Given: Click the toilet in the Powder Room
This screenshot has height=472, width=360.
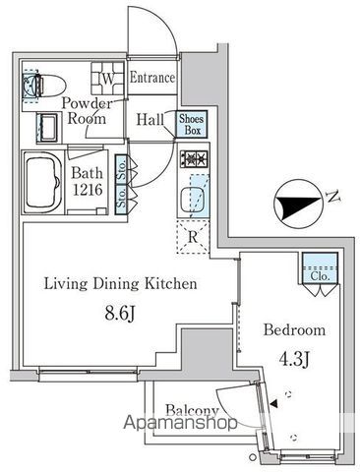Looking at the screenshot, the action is [44, 86].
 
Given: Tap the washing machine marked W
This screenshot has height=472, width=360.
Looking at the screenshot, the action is [107, 78].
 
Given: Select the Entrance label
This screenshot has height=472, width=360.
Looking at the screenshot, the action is [152, 78].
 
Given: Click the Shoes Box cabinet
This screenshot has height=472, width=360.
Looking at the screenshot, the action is [192, 124].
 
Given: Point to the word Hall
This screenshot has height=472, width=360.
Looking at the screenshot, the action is [150, 119].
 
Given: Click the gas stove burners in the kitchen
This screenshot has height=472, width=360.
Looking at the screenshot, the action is [194, 159].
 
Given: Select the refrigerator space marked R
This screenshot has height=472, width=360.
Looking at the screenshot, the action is [193, 237].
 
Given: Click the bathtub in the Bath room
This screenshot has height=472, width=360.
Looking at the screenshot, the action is [43, 183].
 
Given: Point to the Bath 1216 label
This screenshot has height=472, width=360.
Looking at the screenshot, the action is [88, 181].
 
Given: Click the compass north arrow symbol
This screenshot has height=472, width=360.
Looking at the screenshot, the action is [298, 204].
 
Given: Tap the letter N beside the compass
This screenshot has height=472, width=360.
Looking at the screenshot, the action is [333, 197].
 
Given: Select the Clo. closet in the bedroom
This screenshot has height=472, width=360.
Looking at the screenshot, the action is [320, 267].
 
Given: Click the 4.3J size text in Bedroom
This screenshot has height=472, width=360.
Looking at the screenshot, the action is [293, 359].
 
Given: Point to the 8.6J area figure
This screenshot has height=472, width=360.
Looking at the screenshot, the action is [120, 314].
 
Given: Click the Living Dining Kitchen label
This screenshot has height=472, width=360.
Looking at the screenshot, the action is [120, 284].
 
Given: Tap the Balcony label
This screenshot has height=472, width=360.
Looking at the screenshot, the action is [192, 410].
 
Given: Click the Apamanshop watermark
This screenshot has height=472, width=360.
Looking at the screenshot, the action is [180, 423].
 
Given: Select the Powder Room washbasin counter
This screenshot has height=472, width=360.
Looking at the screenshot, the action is [48, 128].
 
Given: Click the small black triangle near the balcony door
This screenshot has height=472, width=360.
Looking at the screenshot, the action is [273, 404].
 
